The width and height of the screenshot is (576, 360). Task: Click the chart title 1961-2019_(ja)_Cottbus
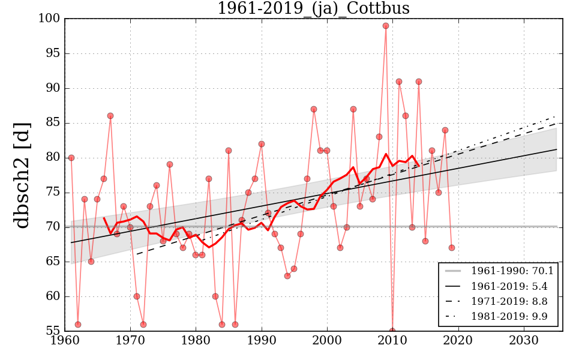tap(313, 8)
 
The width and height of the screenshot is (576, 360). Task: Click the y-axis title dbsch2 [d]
tap(22, 174)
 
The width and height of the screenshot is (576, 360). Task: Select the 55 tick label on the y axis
tap(52, 331)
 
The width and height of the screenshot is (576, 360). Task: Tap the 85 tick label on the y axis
tap(52, 123)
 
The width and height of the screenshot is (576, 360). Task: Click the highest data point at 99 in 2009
tap(386, 26)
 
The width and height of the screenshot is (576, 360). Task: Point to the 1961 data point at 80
tap(71, 158)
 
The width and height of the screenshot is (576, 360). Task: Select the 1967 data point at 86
tap(110, 116)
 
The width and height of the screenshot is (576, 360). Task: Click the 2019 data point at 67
tap(452, 248)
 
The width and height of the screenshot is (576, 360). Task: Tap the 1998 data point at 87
tap(314, 109)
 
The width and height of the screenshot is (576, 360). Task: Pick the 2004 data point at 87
tap(353, 109)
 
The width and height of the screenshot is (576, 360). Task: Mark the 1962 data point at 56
tap(78, 325)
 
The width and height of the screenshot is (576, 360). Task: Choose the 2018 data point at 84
tap(445, 130)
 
